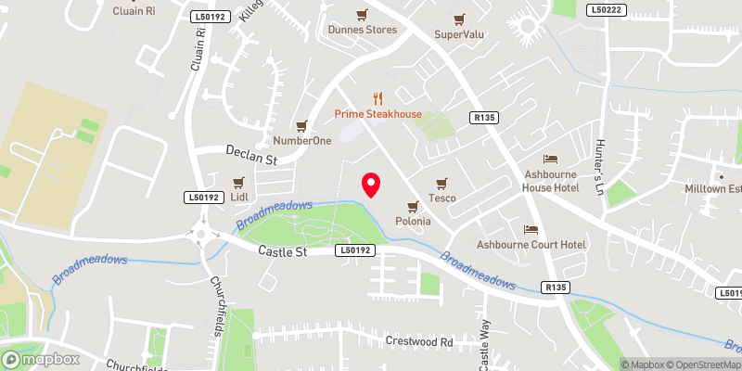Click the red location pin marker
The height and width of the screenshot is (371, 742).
click(x=371, y=185)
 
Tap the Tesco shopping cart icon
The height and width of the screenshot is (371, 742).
click(x=441, y=182)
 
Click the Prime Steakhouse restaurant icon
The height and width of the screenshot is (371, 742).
click(x=377, y=97)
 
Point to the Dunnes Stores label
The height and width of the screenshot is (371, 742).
click(x=362, y=30)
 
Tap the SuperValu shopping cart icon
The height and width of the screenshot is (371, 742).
click(x=458, y=19)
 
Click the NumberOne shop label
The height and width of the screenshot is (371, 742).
click(x=300, y=141)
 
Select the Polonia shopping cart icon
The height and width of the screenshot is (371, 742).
click(x=412, y=207)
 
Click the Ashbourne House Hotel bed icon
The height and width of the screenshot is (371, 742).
click(x=550, y=160)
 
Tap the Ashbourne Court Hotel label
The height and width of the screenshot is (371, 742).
click(x=531, y=245)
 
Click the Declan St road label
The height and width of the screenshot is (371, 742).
click(x=252, y=155)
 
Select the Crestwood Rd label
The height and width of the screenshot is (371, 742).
click(x=418, y=341)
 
